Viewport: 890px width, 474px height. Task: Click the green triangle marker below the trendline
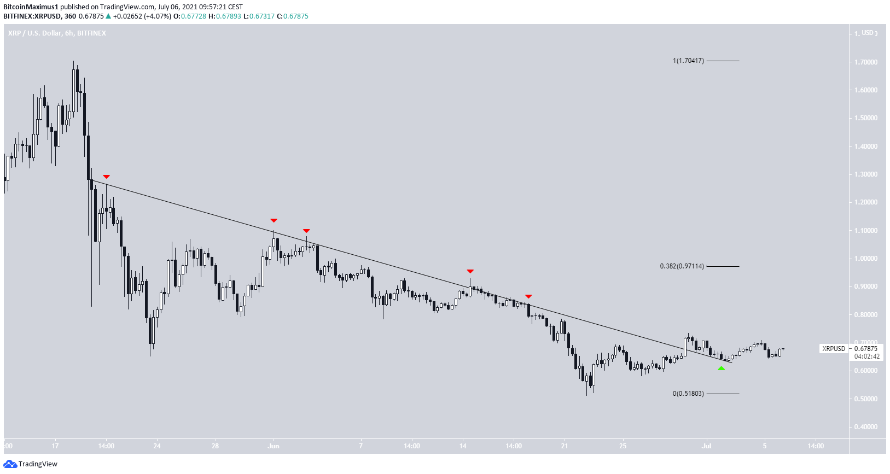[x=721, y=368]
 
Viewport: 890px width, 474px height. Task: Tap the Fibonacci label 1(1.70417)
[x=688, y=61]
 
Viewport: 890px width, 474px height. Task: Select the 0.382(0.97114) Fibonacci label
[x=682, y=266]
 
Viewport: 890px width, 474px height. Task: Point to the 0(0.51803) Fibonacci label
[x=688, y=394]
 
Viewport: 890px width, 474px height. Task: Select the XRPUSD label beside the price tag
[x=833, y=349]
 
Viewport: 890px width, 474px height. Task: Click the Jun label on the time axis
[x=274, y=446]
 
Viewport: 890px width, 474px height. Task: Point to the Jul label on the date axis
[x=706, y=446]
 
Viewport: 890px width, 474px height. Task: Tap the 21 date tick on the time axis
[x=565, y=446]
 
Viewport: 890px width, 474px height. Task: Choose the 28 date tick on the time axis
[x=215, y=446]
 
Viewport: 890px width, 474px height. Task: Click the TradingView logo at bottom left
[x=31, y=464]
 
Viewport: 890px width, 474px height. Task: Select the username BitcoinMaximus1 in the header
[x=31, y=7]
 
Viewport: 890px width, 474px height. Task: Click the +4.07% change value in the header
[x=158, y=16]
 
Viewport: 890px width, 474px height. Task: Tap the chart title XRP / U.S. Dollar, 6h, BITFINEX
[x=57, y=33]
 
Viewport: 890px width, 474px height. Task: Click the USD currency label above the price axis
[x=868, y=33]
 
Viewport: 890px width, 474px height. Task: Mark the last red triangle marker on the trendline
[x=528, y=296]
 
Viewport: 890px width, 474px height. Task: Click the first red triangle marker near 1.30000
[x=106, y=177]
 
